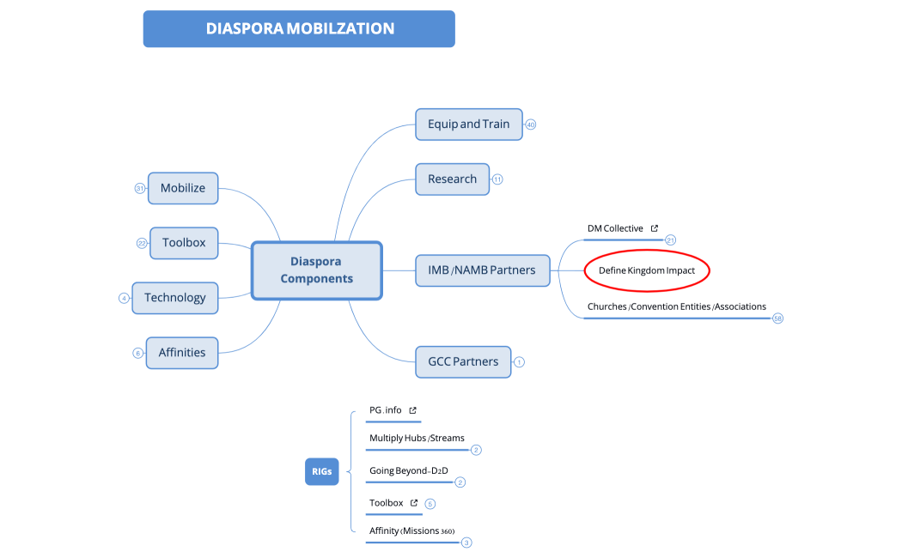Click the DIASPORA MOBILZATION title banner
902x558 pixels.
point(299,28)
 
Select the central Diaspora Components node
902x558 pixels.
point(316,270)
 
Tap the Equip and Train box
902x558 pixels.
point(468,124)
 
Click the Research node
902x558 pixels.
point(452,179)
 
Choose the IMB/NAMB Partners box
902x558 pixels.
point(481,270)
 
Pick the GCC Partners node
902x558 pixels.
point(462,361)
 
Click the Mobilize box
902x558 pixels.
point(183,188)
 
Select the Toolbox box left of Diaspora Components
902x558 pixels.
point(184,243)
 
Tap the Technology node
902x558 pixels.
point(175,298)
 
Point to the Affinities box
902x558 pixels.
point(182,352)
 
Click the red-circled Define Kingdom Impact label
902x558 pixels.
point(647,270)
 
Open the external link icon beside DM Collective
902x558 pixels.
point(655,228)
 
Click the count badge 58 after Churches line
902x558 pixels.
point(778,318)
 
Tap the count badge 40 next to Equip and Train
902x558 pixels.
point(530,124)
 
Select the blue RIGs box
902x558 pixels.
point(321,470)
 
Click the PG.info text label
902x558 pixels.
point(385,410)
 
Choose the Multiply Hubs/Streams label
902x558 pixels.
point(417,438)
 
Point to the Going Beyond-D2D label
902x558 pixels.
point(408,470)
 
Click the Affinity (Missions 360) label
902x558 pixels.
point(411,531)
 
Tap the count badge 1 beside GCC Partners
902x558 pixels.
point(519,361)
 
